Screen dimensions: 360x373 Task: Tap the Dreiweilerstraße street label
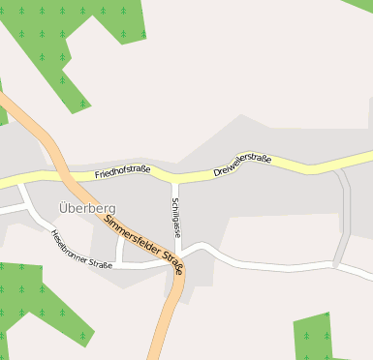(241, 163)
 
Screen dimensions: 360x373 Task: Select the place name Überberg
(86, 208)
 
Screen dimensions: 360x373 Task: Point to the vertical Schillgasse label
(176, 218)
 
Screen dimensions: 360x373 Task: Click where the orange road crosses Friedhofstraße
(66, 177)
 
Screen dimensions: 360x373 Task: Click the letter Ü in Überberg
(64, 207)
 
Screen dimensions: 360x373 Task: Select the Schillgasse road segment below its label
(176, 247)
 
